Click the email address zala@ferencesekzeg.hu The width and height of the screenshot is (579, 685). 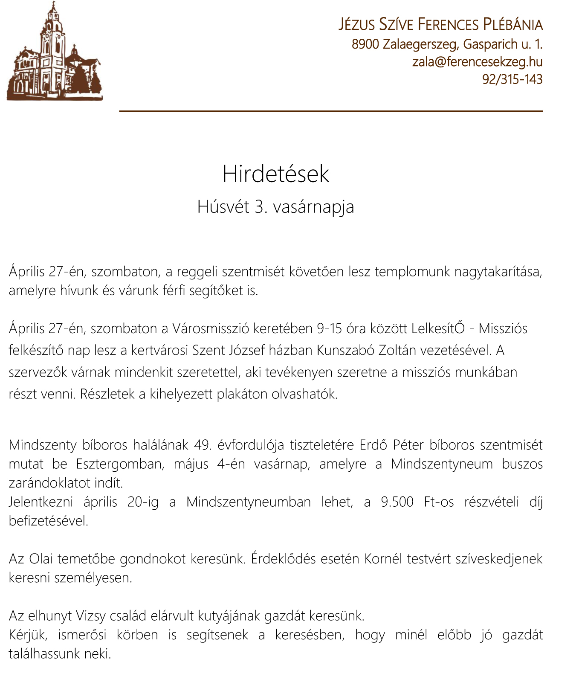477,62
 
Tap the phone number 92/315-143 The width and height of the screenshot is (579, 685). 512,79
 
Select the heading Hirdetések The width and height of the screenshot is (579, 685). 276,174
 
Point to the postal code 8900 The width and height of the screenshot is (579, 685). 365,44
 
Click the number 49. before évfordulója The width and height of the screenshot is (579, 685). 203,445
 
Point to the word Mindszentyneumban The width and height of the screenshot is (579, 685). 249,502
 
